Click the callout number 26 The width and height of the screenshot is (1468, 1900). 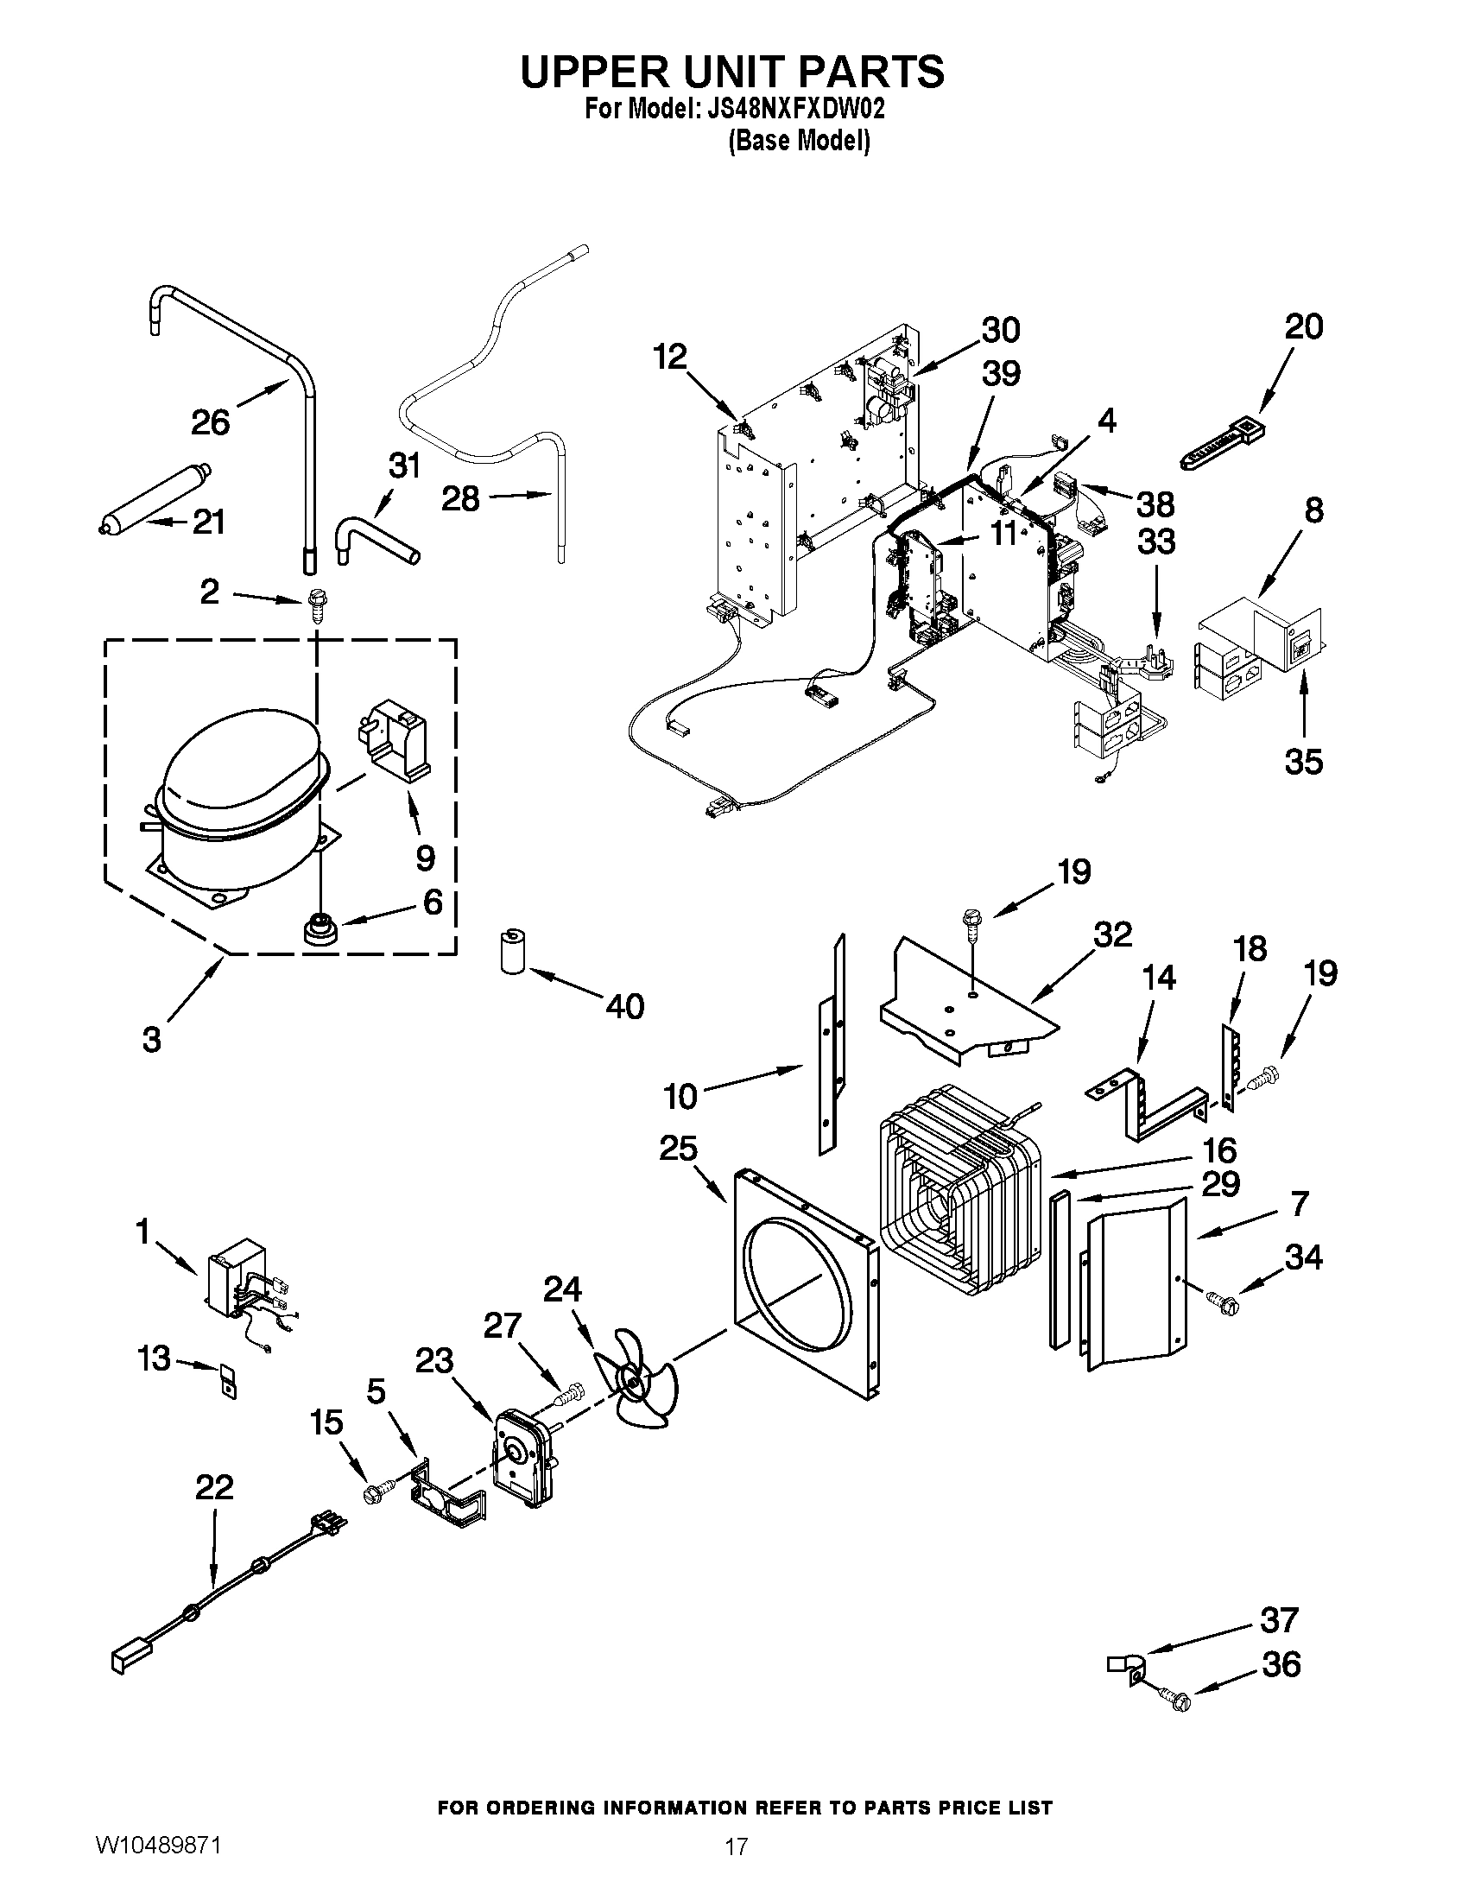click(211, 423)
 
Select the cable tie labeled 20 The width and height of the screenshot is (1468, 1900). click(1222, 445)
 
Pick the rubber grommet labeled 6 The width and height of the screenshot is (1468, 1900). click(319, 929)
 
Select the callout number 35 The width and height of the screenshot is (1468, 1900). click(1303, 761)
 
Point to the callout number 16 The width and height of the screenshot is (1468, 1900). click(1219, 1150)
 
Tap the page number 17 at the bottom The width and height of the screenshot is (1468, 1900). click(736, 1865)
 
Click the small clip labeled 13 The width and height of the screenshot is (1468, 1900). click(228, 1381)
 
